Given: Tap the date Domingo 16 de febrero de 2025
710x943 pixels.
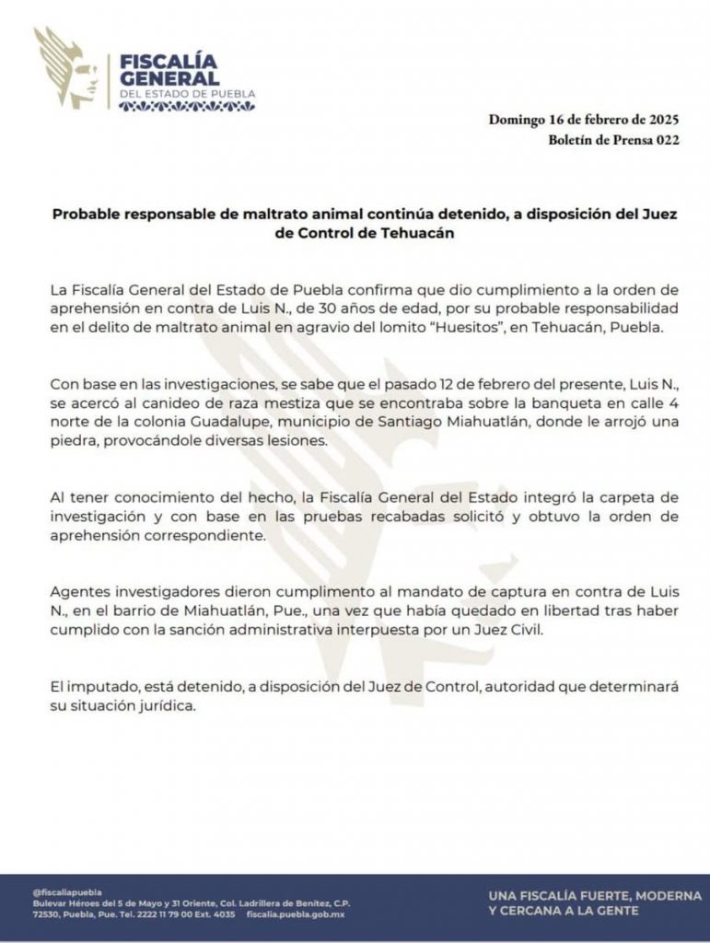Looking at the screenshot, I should point(584,119).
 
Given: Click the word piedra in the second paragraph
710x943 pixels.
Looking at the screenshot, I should point(75,442).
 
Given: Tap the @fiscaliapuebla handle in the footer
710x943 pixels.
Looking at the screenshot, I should point(66,891).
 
